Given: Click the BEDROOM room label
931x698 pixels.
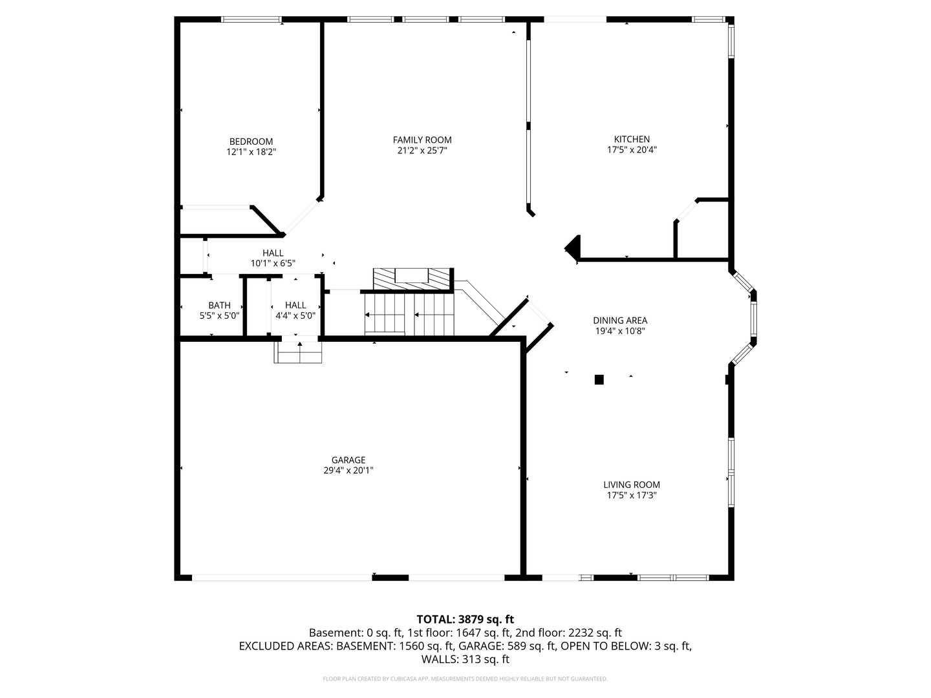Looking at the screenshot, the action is click(251, 142).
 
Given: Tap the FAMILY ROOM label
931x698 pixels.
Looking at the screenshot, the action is click(422, 140).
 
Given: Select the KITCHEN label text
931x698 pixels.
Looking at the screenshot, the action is click(632, 139).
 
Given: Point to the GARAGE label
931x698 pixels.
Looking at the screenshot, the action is click(348, 460).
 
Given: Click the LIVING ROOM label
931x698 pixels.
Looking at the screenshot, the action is click(632, 485).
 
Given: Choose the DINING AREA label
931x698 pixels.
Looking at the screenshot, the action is click(620, 321).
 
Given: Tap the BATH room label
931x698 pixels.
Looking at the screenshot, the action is click(219, 305).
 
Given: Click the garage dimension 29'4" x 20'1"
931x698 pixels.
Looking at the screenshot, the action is click(348, 471).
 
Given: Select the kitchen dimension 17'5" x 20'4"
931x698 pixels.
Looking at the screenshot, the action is click(632, 149).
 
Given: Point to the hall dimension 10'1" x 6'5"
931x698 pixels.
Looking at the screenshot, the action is click(273, 263).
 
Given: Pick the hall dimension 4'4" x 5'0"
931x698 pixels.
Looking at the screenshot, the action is click(295, 316).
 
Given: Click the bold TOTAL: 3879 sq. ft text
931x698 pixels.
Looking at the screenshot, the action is click(465, 619).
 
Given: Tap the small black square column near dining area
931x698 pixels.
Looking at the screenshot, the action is click(599, 380).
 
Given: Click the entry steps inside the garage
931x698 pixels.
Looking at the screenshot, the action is click(298, 352).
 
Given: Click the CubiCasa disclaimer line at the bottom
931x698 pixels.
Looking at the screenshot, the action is click(465, 679).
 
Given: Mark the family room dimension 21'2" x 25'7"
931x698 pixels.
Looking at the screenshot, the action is click(422, 151).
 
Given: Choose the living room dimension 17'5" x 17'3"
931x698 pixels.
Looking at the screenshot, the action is click(632, 495).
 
